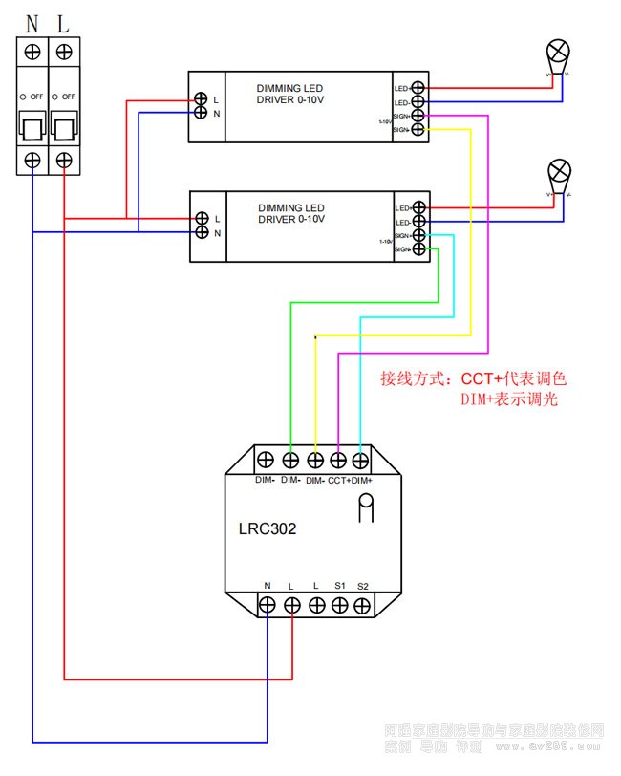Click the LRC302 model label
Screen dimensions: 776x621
click(268, 528)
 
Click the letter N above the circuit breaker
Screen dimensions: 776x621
click(32, 21)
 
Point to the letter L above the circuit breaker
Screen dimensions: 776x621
click(63, 21)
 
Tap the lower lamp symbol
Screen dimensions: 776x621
click(558, 172)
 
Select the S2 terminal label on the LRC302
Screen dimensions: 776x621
click(363, 585)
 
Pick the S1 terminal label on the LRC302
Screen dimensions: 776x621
click(339, 585)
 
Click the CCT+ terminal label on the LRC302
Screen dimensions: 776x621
click(340, 481)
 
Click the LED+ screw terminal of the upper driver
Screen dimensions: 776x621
click(418, 88)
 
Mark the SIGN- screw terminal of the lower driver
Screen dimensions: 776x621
click(418, 248)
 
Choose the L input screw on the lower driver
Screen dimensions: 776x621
click(202, 219)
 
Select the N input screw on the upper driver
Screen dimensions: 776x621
click(202, 113)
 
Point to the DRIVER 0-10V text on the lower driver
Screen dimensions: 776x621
click(291, 220)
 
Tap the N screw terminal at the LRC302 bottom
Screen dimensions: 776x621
click(268, 605)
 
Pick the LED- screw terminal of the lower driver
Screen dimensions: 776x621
click(418, 222)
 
